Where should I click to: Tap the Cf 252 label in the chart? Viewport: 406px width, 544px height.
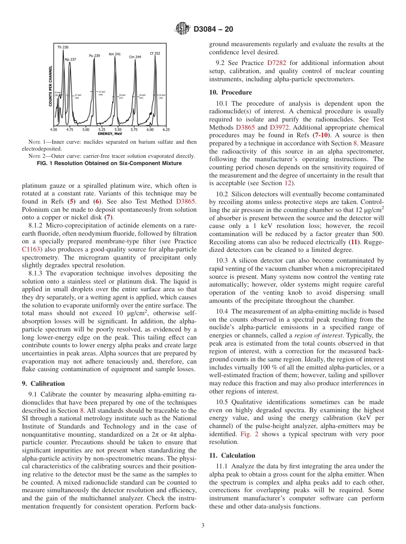[x=155, y=53]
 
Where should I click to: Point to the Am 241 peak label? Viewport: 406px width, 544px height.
[x=115, y=54]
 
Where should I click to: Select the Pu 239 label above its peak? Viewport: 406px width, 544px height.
[x=94, y=56]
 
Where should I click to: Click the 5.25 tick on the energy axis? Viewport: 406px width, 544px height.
[x=102, y=129]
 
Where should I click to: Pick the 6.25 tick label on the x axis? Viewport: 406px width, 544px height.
[x=166, y=129]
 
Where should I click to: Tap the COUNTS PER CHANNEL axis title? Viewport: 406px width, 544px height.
[x=50, y=86]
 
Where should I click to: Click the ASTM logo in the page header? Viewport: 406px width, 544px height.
[x=182, y=30]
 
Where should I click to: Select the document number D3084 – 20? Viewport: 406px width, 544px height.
[x=212, y=30]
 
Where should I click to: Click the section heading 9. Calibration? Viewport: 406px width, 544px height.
[x=43, y=384]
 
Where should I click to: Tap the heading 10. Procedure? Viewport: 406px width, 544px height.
[x=230, y=92]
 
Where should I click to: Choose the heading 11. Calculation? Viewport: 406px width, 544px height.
[x=232, y=455]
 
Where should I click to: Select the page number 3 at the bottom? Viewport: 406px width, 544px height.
[x=203, y=525]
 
